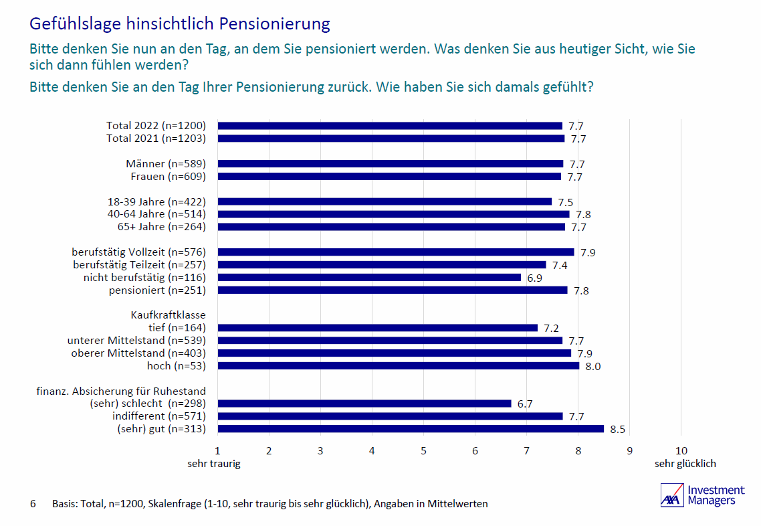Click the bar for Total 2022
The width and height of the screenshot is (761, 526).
pos(390,126)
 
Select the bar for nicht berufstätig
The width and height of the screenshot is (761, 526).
pos(369,277)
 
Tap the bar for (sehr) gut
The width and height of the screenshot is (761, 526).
pos(411,429)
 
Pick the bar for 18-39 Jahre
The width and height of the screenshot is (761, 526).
pos(385,201)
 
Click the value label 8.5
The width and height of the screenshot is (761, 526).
pos(617,430)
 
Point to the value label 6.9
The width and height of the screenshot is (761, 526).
pos(534,278)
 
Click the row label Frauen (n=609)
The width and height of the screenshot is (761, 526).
pos(168,177)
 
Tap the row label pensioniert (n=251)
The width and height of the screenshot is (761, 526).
pos(157,290)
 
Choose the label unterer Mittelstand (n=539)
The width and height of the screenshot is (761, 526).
pos(136,341)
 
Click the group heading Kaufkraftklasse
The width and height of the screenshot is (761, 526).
pos(168,315)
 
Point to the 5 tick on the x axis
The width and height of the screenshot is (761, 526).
pos(423,451)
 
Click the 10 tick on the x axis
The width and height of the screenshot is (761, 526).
pos(681,451)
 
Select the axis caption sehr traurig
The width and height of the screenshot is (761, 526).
pos(213,464)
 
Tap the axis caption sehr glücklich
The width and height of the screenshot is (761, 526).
pos(685,464)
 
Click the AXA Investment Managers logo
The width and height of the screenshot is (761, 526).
pos(701,496)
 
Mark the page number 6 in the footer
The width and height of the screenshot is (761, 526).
pos(33,504)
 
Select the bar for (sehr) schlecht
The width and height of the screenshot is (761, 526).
pos(364,404)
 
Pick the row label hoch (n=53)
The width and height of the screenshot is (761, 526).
pos(176,366)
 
